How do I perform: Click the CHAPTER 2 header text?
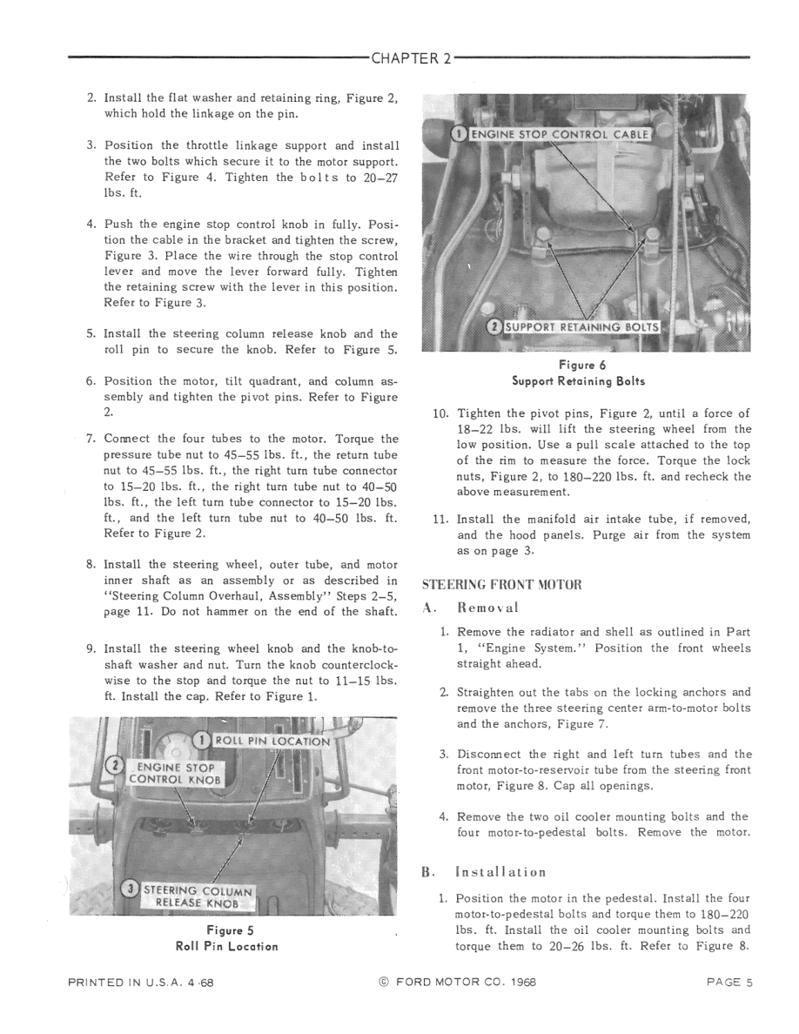411,59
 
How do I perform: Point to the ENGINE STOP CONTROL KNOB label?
177,773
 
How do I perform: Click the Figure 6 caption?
578,366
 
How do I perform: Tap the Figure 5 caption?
226,930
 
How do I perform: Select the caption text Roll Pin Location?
226,946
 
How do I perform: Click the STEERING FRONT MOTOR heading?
500,584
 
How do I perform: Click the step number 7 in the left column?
91,439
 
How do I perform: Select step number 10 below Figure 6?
440,413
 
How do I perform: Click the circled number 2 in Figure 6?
493,327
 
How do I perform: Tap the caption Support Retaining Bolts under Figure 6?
578,381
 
